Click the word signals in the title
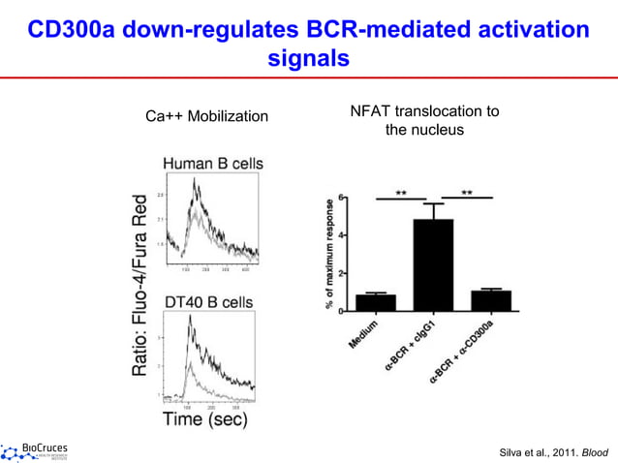tap(308, 58)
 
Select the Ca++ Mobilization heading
tap(206, 117)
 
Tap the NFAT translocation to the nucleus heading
tap(423, 120)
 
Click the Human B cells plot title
tap(212, 163)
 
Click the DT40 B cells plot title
tap(207, 302)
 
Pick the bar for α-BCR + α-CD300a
tap(491, 300)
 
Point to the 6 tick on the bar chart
tap(341, 200)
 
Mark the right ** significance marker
tap(467, 192)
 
